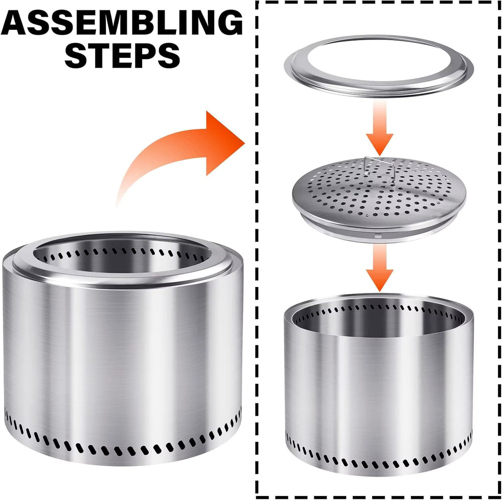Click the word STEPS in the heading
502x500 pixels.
point(122,56)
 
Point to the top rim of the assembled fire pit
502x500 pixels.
point(123,279)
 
